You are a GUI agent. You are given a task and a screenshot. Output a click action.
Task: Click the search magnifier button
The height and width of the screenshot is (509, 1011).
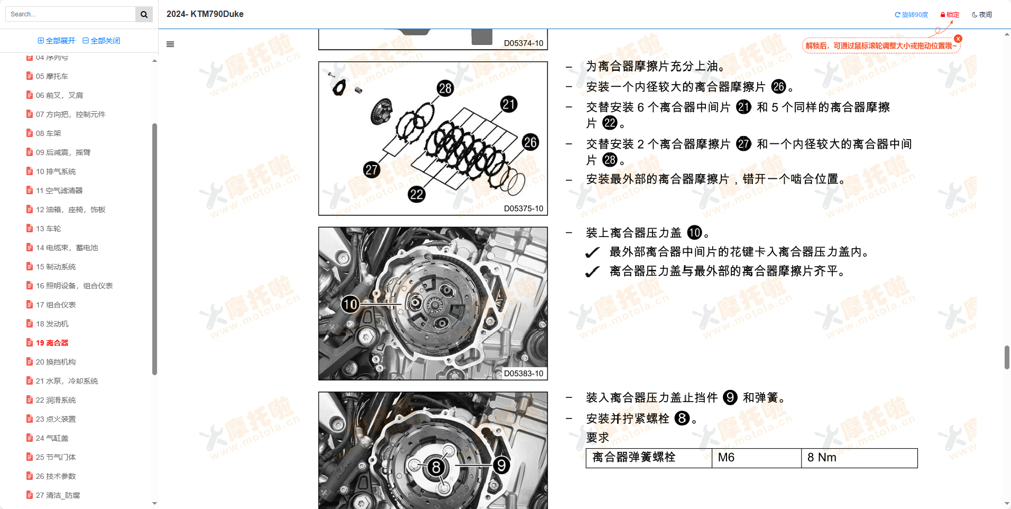pos(144,14)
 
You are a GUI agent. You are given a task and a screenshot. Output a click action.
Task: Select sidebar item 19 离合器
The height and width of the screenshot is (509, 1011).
pos(52,343)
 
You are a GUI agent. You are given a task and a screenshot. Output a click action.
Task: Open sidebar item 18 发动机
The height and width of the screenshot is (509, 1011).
pos(52,324)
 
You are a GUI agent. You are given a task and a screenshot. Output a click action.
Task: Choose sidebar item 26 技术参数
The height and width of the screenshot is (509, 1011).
pos(56,476)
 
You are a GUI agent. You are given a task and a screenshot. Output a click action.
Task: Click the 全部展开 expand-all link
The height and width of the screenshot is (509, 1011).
pos(57,41)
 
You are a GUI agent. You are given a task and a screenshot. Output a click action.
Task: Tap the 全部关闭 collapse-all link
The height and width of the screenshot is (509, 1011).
pos(102,41)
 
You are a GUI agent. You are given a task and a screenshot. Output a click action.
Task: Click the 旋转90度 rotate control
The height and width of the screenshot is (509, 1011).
pos(911,15)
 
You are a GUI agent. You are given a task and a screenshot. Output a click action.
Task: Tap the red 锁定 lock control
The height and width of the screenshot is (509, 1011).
pos(950,15)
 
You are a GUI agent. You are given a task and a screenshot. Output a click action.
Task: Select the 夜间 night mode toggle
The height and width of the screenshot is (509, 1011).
pos(982,15)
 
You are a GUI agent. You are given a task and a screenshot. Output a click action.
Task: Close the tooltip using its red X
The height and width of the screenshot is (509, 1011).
pos(958,39)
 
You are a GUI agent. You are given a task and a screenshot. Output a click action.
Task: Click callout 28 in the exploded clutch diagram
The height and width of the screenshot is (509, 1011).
pos(445,88)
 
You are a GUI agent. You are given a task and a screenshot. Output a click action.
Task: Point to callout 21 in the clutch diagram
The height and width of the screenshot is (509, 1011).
pos(509,104)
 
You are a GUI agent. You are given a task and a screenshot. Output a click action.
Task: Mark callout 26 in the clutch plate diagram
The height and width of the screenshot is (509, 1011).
pos(530,142)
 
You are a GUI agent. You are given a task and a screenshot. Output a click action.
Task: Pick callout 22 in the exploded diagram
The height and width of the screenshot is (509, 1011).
pos(417,194)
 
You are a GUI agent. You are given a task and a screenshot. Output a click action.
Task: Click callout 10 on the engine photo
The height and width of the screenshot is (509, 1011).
pos(350,304)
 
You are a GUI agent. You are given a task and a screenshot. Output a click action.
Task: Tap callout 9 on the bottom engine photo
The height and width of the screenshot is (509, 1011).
pos(501,465)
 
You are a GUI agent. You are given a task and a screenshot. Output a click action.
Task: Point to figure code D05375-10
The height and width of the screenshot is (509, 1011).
pos(523,208)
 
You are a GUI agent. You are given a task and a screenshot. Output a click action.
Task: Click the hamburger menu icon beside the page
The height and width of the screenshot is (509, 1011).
pos(170,44)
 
